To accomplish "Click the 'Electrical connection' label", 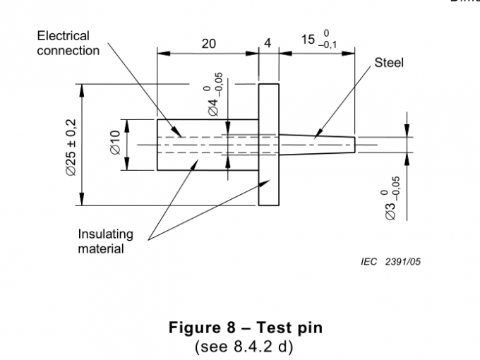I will click(x=68, y=42).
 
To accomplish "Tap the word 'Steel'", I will click(x=388, y=63).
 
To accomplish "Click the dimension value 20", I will click(x=208, y=44).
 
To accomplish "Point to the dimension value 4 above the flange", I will click(x=268, y=44).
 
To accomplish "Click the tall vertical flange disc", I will click(x=269, y=145).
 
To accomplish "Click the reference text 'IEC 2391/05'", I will click(x=391, y=261).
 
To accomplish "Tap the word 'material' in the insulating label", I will click(x=101, y=248).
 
